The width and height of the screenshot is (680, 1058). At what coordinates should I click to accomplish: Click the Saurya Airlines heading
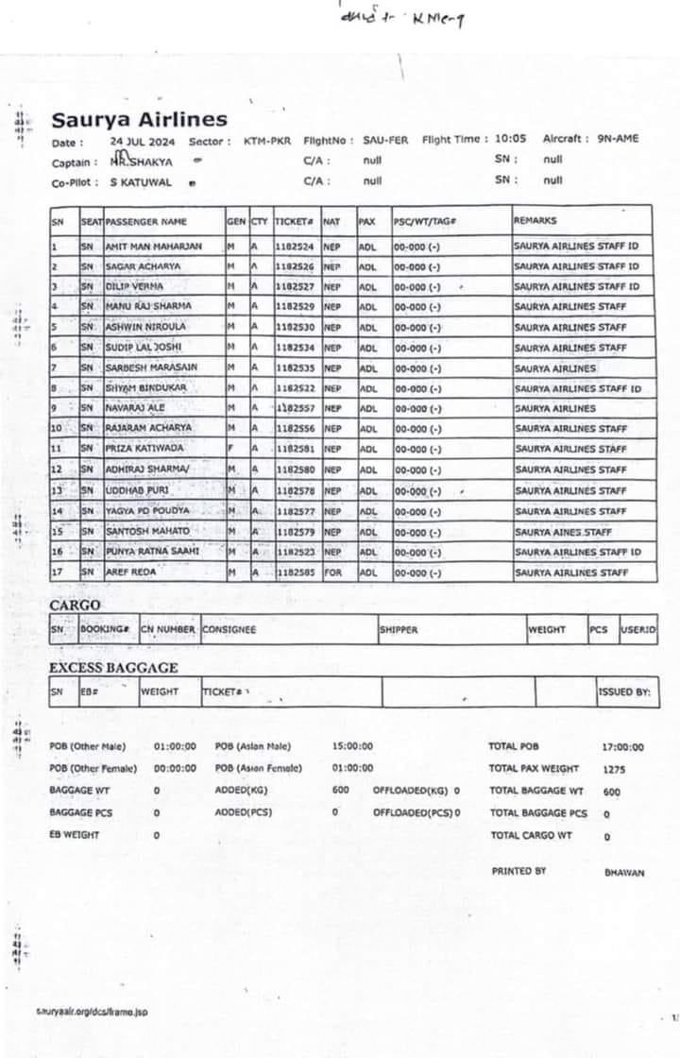[x=139, y=120]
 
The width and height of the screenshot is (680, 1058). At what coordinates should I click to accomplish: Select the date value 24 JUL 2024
[x=143, y=140]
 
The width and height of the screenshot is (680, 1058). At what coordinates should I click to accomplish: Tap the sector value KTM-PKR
[x=267, y=140]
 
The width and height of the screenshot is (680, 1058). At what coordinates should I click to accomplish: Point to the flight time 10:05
[x=511, y=138]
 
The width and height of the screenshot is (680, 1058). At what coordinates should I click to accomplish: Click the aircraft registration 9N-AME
[x=618, y=138]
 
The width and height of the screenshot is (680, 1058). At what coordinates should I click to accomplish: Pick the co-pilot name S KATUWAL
[x=141, y=181]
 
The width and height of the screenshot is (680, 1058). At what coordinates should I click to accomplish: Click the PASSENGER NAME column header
[x=146, y=221]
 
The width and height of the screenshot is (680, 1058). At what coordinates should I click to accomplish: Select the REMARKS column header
[x=535, y=220]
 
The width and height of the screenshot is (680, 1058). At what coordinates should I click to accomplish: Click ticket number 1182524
[x=294, y=246]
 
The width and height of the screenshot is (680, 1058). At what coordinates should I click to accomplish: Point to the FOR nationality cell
[x=331, y=572]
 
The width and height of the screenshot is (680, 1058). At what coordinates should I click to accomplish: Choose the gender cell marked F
[x=230, y=449]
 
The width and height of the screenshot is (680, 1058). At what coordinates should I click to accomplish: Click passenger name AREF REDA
[x=130, y=572]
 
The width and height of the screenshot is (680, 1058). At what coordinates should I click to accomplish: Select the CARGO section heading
[x=75, y=605]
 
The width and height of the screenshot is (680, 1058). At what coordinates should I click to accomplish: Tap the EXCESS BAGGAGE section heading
[x=113, y=668]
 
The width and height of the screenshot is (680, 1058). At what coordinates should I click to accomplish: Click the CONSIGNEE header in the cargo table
[x=229, y=629]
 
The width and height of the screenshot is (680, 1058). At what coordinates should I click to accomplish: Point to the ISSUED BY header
[x=624, y=692]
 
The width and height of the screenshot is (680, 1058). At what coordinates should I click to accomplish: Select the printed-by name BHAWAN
[x=624, y=873]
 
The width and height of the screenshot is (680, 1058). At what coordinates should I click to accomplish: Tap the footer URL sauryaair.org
[x=93, y=1012]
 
